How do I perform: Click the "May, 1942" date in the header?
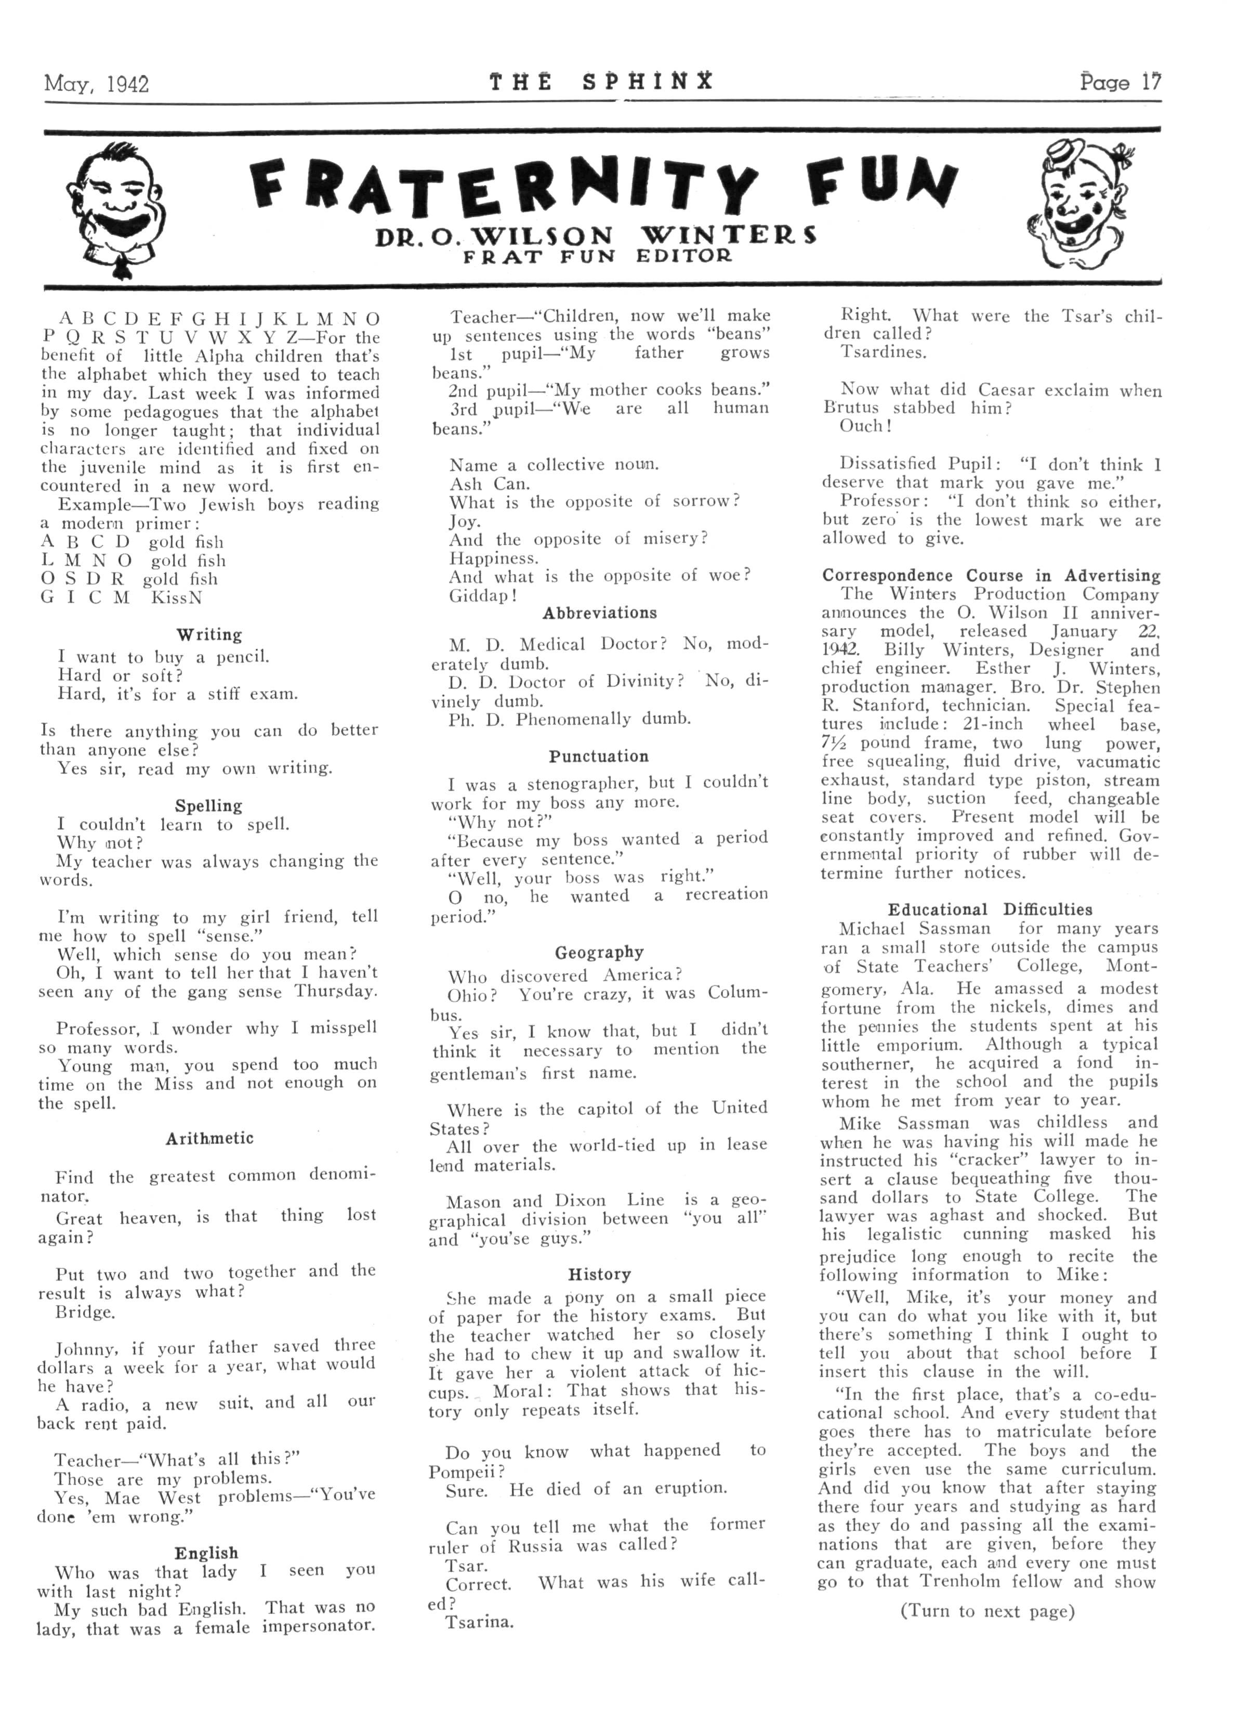(x=96, y=83)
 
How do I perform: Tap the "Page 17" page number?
(x=1120, y=82)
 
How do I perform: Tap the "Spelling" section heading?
(x=209, y=805)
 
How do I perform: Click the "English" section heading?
(x=206, y=1553)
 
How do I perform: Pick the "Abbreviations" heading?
(x=599, y=613)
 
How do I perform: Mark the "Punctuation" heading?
(x=599, y=757)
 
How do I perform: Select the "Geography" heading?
(x=599, y=952)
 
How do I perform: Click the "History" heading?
(x=599, y=1274)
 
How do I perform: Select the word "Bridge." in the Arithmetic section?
(x=86, y=1312)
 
